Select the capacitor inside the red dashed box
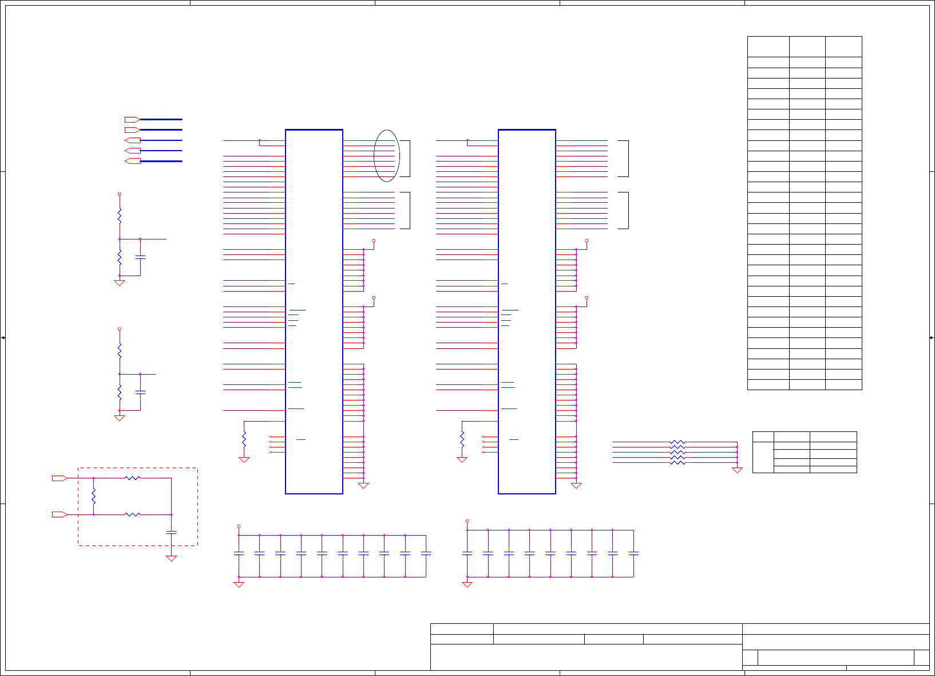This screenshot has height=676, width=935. point(171,532)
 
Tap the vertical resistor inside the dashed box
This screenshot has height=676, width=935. point(93,496)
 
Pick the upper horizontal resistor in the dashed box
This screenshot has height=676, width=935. point(133,478)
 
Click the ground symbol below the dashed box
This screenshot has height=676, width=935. point(171,559)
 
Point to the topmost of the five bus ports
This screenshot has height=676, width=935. point(132,120)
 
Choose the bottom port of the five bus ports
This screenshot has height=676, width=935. point(132,161)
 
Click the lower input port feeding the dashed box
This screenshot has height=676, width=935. point(60,514)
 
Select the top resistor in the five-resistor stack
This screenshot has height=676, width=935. point(678,442)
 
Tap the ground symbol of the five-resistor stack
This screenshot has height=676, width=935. point(737,470)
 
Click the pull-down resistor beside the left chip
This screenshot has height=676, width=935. point(244,439)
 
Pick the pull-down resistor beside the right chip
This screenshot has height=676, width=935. point(462,439)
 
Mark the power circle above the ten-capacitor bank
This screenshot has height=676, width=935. point(239,526)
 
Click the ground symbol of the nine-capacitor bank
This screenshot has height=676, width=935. point(467,584)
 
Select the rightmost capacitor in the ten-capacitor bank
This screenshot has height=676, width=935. point(426,553)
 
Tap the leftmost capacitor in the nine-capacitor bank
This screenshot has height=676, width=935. point(467,553)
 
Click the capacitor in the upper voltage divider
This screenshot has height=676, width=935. point(140,257)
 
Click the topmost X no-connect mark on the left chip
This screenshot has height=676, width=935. point(270,437)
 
